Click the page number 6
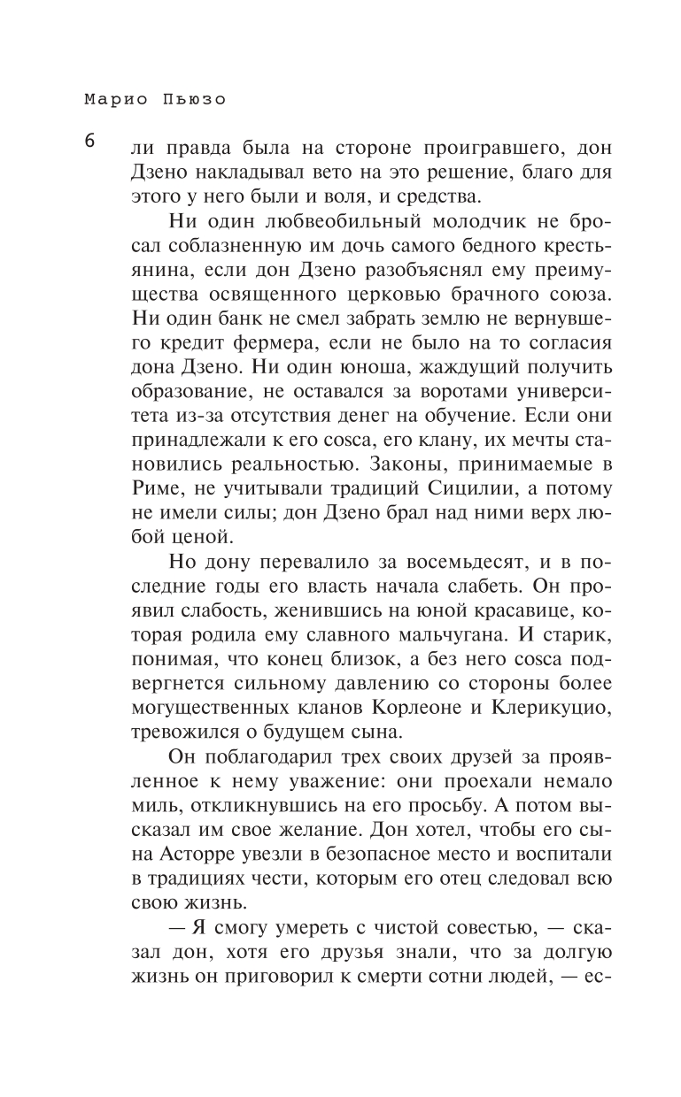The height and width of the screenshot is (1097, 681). [90, 142]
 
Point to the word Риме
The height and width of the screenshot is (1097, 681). [153, 487]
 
